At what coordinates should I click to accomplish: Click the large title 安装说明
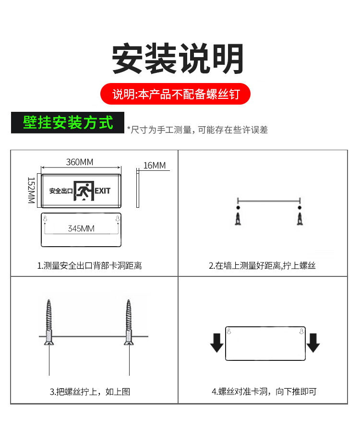coord(178,59)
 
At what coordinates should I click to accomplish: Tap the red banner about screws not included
coord(176,94)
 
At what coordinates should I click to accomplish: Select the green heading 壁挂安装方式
coord(68,122)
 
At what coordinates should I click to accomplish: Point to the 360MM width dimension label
coord(80,162)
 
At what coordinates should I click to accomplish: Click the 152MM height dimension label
coord(31,191)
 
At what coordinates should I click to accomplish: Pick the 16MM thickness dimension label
coord(155,165)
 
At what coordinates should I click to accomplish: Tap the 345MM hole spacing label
coord(81,228)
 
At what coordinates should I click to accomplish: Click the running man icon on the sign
coord(84,191)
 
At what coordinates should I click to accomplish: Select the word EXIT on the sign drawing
coord(103,191)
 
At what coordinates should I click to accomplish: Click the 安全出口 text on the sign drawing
coord(61,191)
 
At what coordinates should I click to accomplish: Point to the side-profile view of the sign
coord(138,188)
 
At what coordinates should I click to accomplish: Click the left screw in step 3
coord(49,322)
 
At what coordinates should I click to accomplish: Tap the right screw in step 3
coord(129,322)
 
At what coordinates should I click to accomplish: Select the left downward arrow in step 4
coord(217,343)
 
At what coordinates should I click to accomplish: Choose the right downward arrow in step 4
coord(313,343)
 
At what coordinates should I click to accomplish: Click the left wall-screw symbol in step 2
coord(238,216)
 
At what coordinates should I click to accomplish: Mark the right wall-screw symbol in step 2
coord(300,216)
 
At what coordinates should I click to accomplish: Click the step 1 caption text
coord(90,265)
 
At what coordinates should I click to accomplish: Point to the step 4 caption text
coord(264,392)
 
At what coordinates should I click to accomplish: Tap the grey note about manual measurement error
coord(197,130)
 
